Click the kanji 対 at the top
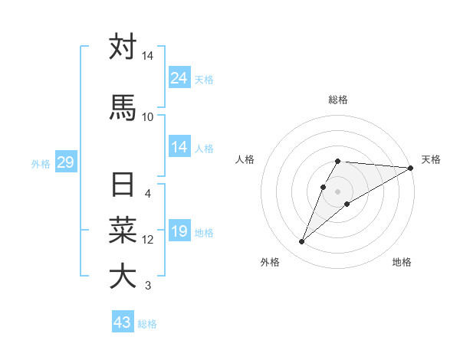coord(123,47)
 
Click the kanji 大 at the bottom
coord(123,276)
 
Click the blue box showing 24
coord(179,77)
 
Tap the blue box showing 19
coord(179,231)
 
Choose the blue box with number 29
coord(65,162)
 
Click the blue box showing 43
coord(122,322)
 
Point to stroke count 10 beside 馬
coord(148,116)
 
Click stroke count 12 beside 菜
coord(148,240)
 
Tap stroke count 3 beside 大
coord(148,286)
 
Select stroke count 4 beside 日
coord(148,193)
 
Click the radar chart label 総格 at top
coord(338,100)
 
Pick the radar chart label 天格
coord(431,159)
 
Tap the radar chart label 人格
coord(245,159)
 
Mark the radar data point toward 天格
coord(411,168)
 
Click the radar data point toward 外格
coord(301,242)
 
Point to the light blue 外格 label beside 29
coord(41,163)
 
